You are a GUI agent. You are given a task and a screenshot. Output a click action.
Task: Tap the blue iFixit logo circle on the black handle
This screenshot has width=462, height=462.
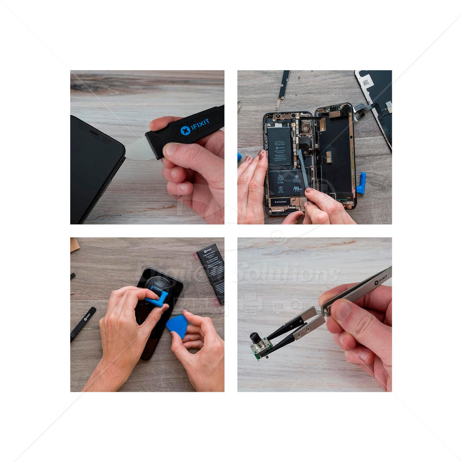click(185, 131)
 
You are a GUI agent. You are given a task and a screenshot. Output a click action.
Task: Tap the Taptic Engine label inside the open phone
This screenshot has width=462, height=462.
click(281, 201)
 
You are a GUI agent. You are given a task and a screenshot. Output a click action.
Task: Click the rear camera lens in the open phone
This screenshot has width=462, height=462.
click(305, 127)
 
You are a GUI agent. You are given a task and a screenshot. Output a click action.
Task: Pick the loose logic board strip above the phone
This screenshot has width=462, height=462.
click(283, 88)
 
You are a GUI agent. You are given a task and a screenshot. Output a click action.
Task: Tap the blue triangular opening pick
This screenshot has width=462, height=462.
click(177, 325)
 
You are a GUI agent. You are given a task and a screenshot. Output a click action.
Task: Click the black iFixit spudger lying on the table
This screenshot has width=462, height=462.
click(83, 323)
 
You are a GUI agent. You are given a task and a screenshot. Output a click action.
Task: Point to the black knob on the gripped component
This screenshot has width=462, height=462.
click(255, 338)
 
